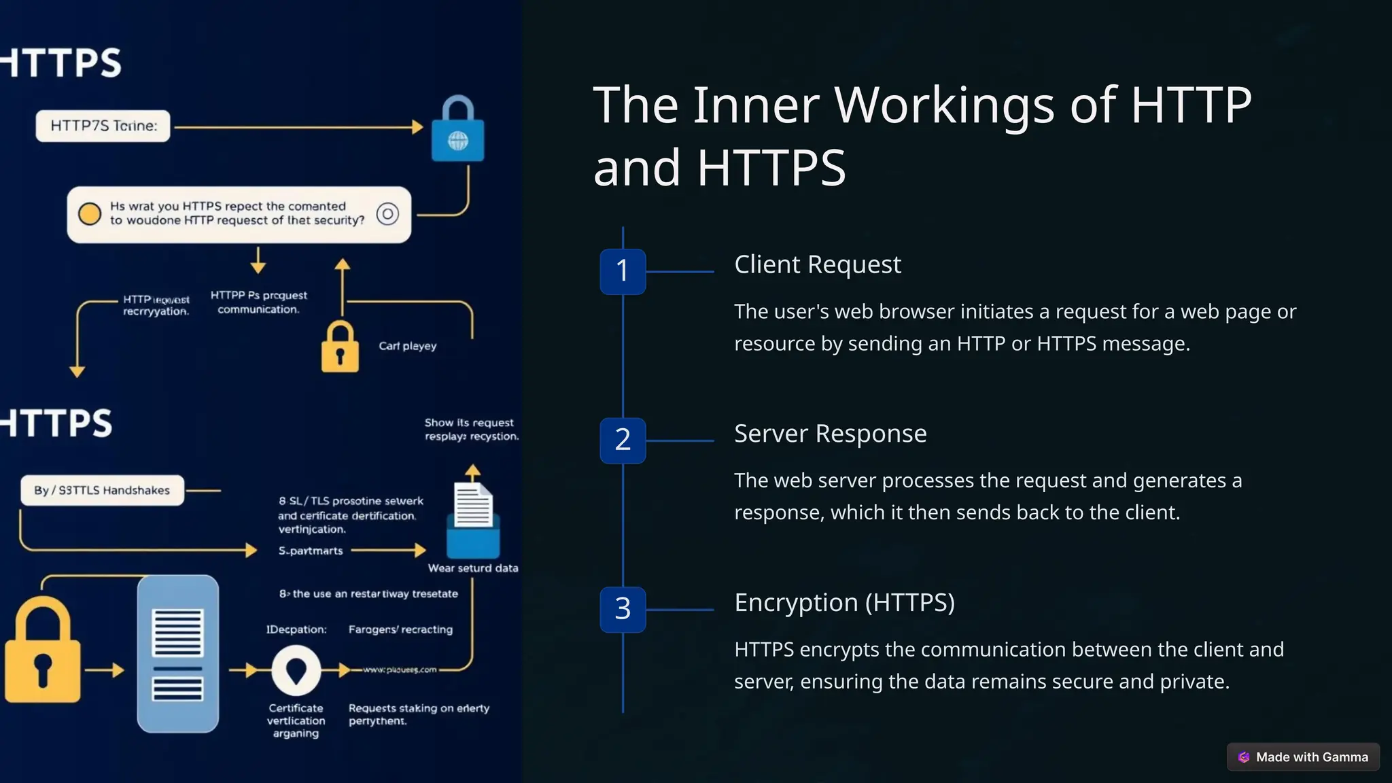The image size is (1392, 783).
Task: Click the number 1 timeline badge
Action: [x=623, y=271]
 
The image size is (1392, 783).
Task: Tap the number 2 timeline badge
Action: [x=623, y=440]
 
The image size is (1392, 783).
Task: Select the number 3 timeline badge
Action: [x=623, y=610]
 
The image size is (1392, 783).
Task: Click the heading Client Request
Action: [x=817, y=264]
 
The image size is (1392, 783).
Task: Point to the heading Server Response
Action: [x=830, y=434]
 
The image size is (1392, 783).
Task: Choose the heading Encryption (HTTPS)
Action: [x=844, y=603]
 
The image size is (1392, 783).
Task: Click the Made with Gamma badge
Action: [x=1303, y=756]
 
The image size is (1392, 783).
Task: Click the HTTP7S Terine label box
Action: [x=103, y=126]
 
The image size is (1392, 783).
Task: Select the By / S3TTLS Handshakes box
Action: [x=102, y=490]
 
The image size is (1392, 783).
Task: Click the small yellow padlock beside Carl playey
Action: [x=340, y=347]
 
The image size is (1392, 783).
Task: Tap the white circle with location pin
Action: [x=296, y=671]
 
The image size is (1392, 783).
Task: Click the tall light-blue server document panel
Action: [x=178, y=653]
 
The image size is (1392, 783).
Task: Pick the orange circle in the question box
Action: [x=89, y=214]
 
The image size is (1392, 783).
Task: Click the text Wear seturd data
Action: [x=472, y=568]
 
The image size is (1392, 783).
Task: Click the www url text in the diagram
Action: [x=400, y=669]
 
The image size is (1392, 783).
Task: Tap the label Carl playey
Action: [x=407, y=346]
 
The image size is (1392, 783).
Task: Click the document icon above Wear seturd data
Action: [x=473, y=506]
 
